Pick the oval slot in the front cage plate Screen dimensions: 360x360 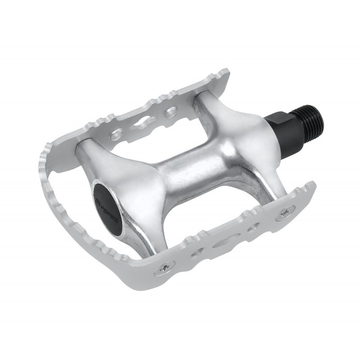pyautogui.click(x=223, y=243)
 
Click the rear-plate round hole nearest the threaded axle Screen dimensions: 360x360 pyautogui.click(x=171, y=111)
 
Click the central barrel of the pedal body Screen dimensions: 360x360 pyautogui.click(x=200, y=165)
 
